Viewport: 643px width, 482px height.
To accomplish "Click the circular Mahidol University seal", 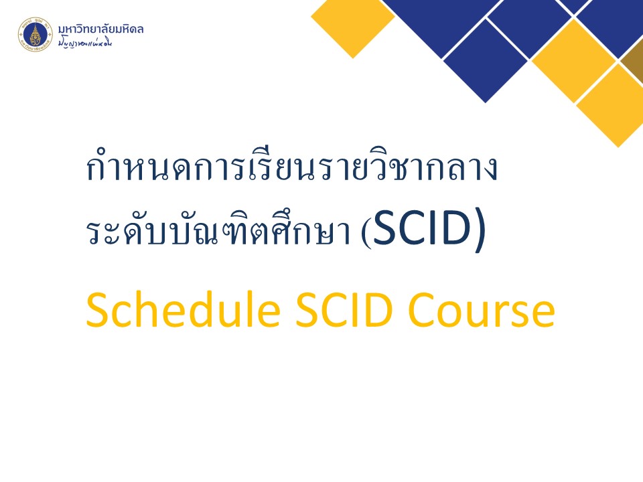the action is click(x=35, y=34).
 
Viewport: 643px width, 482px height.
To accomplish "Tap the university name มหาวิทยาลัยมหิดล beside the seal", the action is click(x=101, y=29).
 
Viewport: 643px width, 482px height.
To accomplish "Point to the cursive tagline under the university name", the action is click(x=85, y=43).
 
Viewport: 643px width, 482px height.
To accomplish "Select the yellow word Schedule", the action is click(x=184, y=310).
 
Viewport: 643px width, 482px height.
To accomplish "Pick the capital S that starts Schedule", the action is click(x=97, y=310).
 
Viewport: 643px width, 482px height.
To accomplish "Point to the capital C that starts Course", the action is click(x=423, y=310).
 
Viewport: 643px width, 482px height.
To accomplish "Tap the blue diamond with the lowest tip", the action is click(x=486, y=61).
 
